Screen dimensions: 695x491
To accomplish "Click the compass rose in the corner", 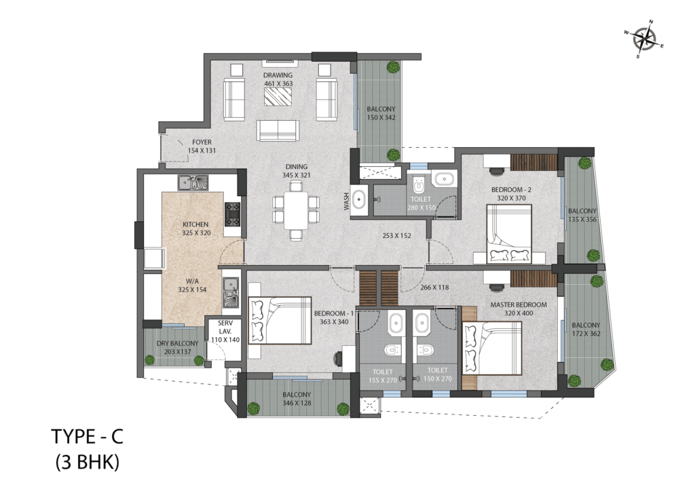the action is tap(645, 39).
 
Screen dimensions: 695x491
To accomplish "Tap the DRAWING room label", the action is tap(278, 75).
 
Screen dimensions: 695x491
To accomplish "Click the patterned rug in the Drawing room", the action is tap(278, 96).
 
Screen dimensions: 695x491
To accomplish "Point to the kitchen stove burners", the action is tap(232, 214).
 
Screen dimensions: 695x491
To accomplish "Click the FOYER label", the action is tap(202, 142).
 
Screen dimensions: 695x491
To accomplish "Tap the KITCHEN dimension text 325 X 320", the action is tap(196, 233).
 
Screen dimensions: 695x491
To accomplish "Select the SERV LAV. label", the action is tap(225, 327).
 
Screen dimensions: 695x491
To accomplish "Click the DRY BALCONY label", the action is tap(177, 344).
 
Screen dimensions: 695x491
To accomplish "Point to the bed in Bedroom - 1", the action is tap(280, 320).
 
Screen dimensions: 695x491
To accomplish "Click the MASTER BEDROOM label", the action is tap(518, 305).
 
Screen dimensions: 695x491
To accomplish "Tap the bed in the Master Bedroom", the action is tap(492, 348).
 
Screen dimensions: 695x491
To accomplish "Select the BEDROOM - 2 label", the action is tap(511, 189).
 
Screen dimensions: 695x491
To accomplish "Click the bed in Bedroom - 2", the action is tap(509, 233).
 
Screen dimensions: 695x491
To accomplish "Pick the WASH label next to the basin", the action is tap(347, 201).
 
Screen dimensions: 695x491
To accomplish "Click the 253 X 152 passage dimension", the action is tap(396, 235).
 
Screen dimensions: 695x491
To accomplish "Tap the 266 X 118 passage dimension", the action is tap(434, 288).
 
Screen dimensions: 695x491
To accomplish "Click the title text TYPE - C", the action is tap(88, 437).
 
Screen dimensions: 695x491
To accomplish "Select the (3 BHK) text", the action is tap(88, 463).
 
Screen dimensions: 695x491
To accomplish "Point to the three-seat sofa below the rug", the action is tap(278, 130).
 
